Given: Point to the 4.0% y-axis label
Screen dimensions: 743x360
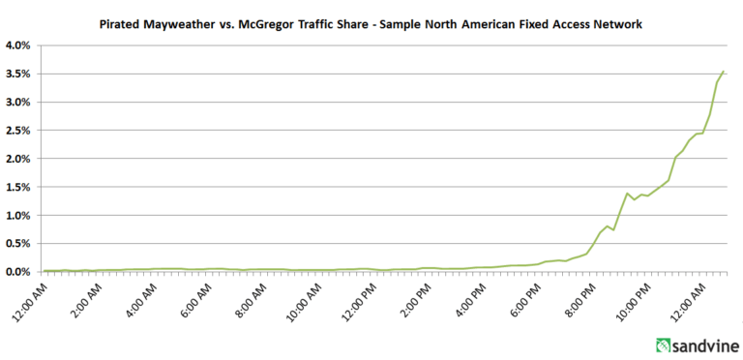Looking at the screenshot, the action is [18, 45].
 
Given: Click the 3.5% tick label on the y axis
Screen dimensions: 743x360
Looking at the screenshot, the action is [18, 74].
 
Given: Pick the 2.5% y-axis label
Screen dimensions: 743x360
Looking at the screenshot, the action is [18, 131].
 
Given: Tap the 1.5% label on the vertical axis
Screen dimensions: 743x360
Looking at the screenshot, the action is [18, 187].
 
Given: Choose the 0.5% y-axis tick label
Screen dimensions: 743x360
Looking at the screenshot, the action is [18, 244].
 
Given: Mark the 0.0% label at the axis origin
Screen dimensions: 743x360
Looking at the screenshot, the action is [18, 272].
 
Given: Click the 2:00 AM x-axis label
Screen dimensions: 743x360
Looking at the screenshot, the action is [85, 297].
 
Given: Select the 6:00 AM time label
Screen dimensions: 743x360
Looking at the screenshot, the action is [194, 297].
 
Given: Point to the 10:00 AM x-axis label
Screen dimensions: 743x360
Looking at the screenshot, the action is [302, 299].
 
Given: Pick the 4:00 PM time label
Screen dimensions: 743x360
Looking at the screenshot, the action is [467, 297].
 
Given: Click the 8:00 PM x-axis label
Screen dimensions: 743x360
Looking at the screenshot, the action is [578, 297].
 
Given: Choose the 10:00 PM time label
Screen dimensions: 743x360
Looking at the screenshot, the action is [630, 299].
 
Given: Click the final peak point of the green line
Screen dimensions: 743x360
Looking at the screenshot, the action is [724, 71].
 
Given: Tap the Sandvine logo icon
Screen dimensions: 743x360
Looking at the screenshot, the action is [664, 345].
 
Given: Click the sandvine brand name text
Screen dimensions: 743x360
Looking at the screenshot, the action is [705, 345].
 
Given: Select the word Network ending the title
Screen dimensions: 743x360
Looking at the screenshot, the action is [620, 24].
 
